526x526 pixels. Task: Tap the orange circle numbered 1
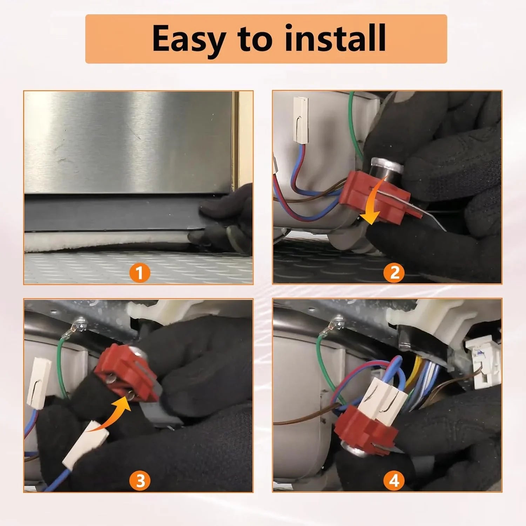140,272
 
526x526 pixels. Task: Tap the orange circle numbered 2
394,272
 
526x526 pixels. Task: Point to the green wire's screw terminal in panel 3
80,324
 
